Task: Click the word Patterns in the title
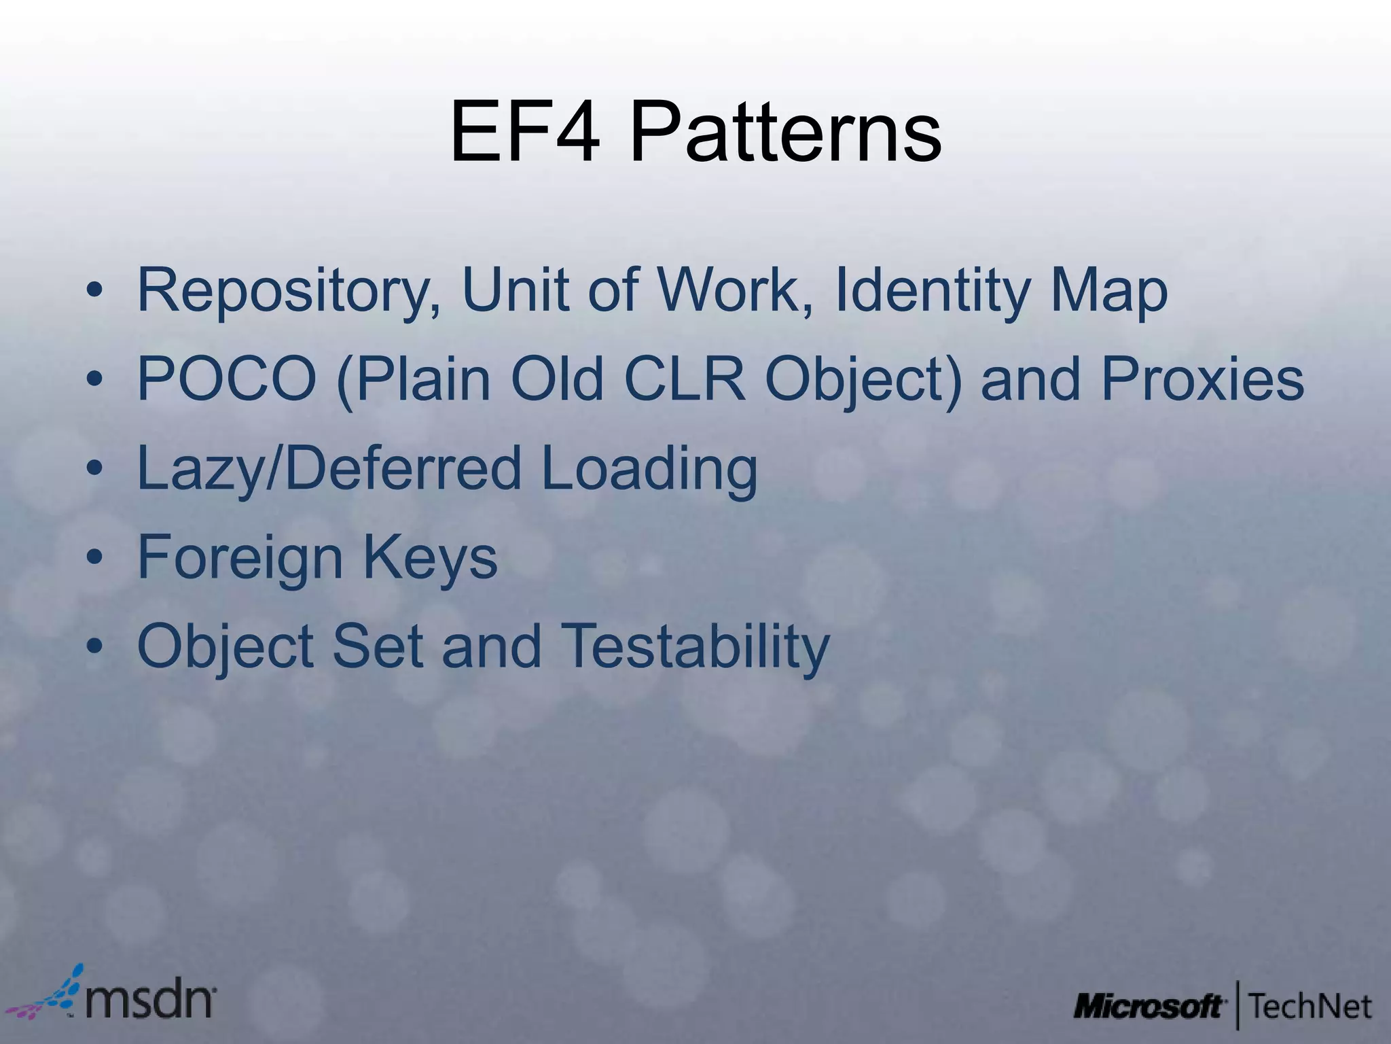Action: (785, 133)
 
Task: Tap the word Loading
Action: (649, 468)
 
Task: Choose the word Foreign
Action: (240, 557)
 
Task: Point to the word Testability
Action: (697, 646)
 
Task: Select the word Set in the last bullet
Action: (378, 646)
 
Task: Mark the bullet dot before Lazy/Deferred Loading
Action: (94, 470)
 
